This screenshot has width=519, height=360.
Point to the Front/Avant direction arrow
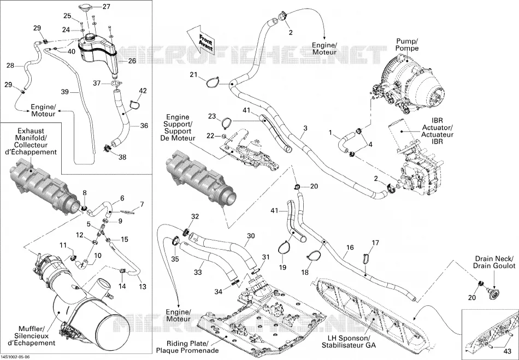[x=201, y=39]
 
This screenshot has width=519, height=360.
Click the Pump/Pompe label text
[x=408, y=45]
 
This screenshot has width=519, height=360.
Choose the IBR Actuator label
[x=437, y=131]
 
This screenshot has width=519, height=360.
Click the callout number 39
[x=65, y=91]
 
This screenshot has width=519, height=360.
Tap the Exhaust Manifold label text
[x=32, y=141]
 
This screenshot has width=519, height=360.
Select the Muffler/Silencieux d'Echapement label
[x=32, y=336]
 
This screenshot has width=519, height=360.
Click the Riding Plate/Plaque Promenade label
[x=187, y=347]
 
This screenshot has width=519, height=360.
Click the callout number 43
[x=507, y=351]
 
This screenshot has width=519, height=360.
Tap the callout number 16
[x=350, y=247]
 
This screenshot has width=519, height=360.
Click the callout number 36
[x=144, y=126]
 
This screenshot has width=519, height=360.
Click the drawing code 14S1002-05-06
[x=15, y=357]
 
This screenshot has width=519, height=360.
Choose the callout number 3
[x=305, y=128]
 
